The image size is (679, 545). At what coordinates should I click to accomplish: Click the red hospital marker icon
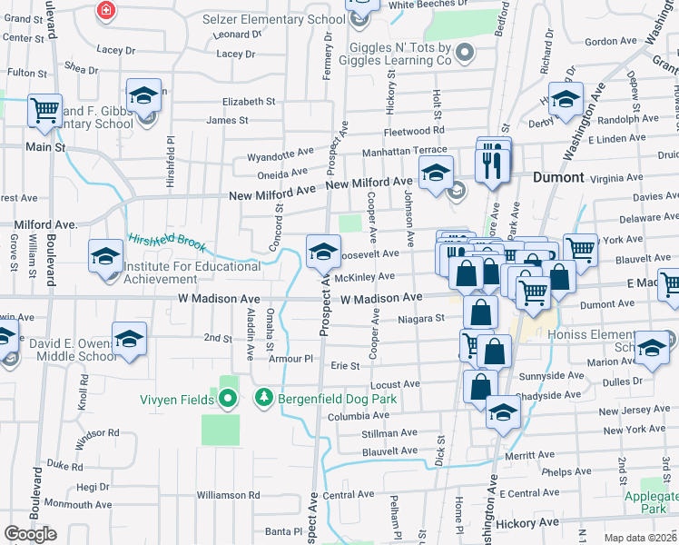tap(106, 10)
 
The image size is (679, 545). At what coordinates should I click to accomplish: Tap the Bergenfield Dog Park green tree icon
tap(264, 398)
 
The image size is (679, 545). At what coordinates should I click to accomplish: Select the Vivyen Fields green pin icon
tap(227, 398)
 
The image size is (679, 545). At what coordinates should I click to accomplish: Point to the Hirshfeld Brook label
tap(167, 243)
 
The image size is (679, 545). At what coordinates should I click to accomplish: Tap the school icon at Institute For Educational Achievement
tap(106, 256)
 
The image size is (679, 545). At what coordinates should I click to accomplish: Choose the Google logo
tap(31, 534)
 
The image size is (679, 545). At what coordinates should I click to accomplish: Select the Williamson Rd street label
tap(227, 495)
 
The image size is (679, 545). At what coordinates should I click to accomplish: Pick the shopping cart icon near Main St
tap(44, 110)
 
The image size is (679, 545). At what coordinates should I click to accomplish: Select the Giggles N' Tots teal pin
tap(464, 51)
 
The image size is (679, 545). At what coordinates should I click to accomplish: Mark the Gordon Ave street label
tap(610, 41)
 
